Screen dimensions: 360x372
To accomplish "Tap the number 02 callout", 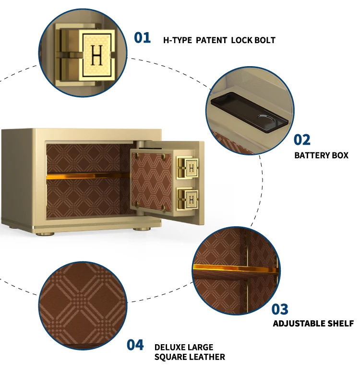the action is click(x=302, y=139).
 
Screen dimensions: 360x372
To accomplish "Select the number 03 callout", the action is click(x=280, y=309).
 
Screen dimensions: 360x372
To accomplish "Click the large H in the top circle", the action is click(x=96, y=55).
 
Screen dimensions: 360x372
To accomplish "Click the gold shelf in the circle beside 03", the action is click(x=235, y=269).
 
